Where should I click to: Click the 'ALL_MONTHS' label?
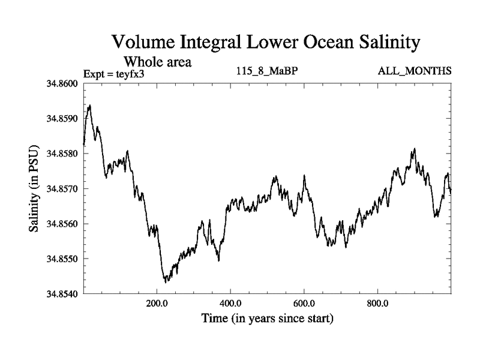pyautogui.click(x=415, y=71)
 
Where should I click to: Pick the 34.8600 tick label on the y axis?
pyautogui.click(x=62, y=83)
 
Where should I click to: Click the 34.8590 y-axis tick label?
pyautogui.click(x=62, y=119)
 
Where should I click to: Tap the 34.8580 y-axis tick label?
pyautogui.click(x=62, y=154)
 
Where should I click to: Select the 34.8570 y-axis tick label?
pyautogui.click(x=62, y=189)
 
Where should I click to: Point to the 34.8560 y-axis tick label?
pyautogui.click(x=62, y=224)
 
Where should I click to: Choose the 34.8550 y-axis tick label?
pyautogui.click(x=62, y=259)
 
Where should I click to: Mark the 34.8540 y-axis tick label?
pyautogui.click(x=62, y=294)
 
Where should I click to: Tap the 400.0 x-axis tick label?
pyautogui.click(x=230, y=304)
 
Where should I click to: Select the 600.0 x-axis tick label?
pyautogui.click(x=304, y=304)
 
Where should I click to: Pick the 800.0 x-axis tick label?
pyautogui.click(x=378, y=304)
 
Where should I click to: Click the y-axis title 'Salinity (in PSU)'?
pyautogui.click(x=35, y=188)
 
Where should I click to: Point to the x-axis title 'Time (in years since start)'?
pyautogui.click(x=267, y=318)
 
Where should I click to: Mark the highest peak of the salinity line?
pyautogui.click(x=89, y=106)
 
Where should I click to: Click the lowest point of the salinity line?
pyautogui.click(x=165, y=281)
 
